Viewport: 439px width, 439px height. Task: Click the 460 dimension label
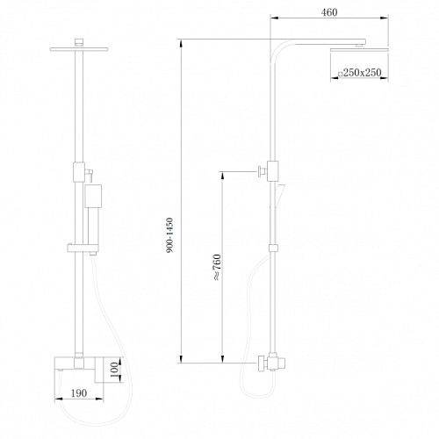[x=329, y=12]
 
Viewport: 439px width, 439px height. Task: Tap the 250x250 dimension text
[x=362, y=73]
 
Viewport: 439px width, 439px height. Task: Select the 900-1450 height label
[x=169, y=235]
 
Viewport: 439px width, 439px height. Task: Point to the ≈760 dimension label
[x=217, y=268]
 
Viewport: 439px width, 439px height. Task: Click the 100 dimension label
[x=115, y=370]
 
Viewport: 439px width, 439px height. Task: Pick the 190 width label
[x=79, y=393]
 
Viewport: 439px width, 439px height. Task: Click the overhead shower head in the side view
[x=359, y=50]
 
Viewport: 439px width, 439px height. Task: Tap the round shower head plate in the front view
[x=79, y=49]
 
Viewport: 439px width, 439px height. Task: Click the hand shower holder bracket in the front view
[x=83, y=248]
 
